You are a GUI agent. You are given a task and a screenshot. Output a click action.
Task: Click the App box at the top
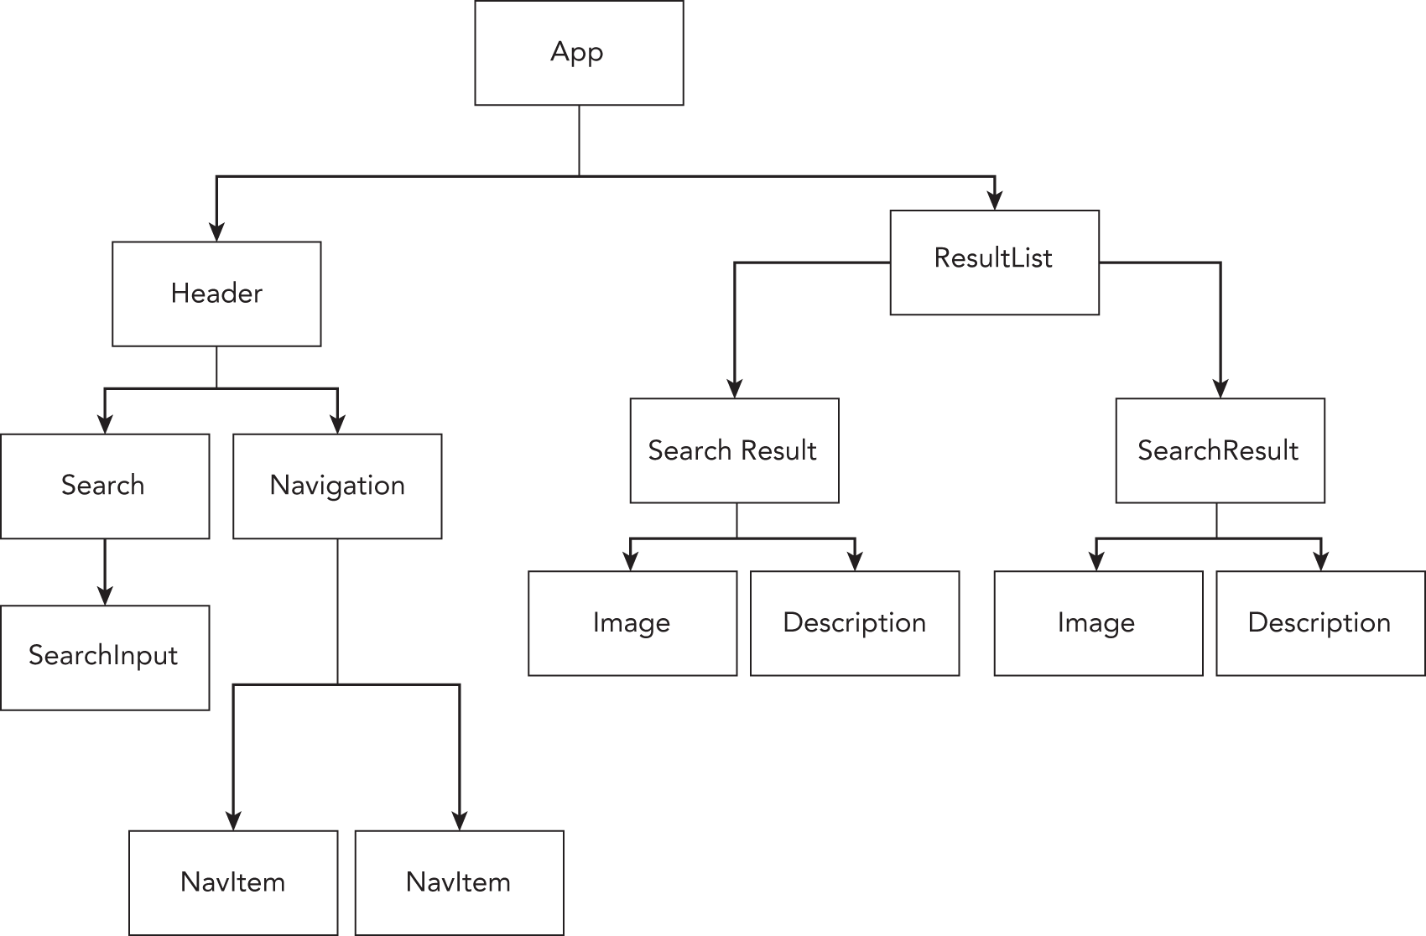click(x=579, y=53)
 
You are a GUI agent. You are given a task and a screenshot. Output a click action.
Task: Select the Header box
click(x=216, y=294)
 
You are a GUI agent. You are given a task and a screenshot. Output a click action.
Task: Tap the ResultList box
click(x=994, y=262)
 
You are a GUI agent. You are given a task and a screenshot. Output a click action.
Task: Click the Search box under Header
click(x=105, y=486)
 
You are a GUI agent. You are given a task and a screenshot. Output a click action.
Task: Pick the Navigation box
click(x=337, y=486)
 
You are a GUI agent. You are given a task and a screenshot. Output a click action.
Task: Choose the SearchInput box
click(x=105, y=657)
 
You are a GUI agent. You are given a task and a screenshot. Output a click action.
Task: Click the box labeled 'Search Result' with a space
click(x=734, y=450)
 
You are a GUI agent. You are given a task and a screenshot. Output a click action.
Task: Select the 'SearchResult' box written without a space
click(x=1220, y=450)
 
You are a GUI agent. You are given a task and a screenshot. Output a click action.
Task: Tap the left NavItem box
click(x=233, y=882)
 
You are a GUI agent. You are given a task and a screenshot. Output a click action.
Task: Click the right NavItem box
click(x=459, y=882)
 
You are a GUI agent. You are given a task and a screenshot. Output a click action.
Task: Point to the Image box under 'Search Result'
click(x=632, y=623)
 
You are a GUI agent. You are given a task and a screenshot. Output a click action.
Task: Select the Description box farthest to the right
click(x=1320, y=623)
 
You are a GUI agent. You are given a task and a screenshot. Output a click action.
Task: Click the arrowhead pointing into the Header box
click(x=217, y=232)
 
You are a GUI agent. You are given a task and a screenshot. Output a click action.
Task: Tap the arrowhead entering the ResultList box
click(x=995, y=201)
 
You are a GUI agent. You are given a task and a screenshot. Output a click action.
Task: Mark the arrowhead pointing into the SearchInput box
click(x=105, y=595)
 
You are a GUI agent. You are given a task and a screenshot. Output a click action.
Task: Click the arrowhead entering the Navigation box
click(x=337, y=424)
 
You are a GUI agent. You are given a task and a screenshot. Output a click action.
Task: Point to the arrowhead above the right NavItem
click(x=460, y=820)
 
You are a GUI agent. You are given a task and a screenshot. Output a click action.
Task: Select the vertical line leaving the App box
click(x=579, y=140)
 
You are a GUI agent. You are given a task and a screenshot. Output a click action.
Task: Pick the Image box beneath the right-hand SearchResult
click(x=1097, y=623)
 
